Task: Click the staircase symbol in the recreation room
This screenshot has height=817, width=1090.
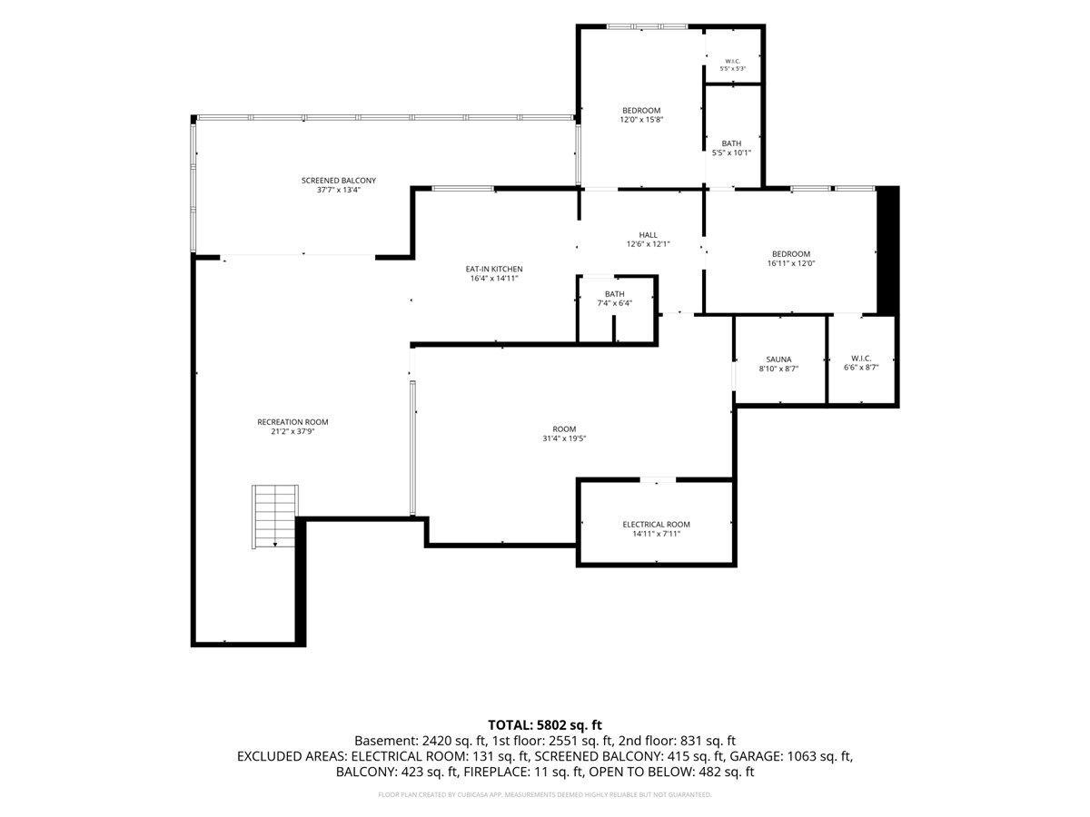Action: (274, 516)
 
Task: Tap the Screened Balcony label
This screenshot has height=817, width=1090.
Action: (338, 181)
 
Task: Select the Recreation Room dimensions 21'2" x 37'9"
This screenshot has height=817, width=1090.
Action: (292, 431)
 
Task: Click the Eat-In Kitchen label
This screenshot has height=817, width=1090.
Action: (493, 269)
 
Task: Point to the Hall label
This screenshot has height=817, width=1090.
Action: (648, 235)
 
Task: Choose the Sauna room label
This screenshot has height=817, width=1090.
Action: (778, 359)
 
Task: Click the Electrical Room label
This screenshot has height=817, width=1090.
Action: (656, 525)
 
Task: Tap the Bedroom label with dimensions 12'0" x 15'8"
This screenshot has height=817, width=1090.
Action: (641, 111)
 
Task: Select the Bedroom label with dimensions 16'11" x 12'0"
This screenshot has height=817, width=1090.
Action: (790, 254)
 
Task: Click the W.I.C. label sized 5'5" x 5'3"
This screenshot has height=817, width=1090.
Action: (732, 62)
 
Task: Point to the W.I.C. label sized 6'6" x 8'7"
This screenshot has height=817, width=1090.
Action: (860, 359)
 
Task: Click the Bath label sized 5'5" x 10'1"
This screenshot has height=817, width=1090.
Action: (731, 143)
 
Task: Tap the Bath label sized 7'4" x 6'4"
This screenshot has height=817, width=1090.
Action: (614, 294)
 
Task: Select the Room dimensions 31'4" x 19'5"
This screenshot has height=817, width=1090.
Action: (564, 438)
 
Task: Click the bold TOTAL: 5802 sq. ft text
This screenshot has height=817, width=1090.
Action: (545, 725)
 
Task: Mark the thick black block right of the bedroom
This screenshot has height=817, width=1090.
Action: (887, 251)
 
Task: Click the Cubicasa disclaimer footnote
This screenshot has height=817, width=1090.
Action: (545, 794)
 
